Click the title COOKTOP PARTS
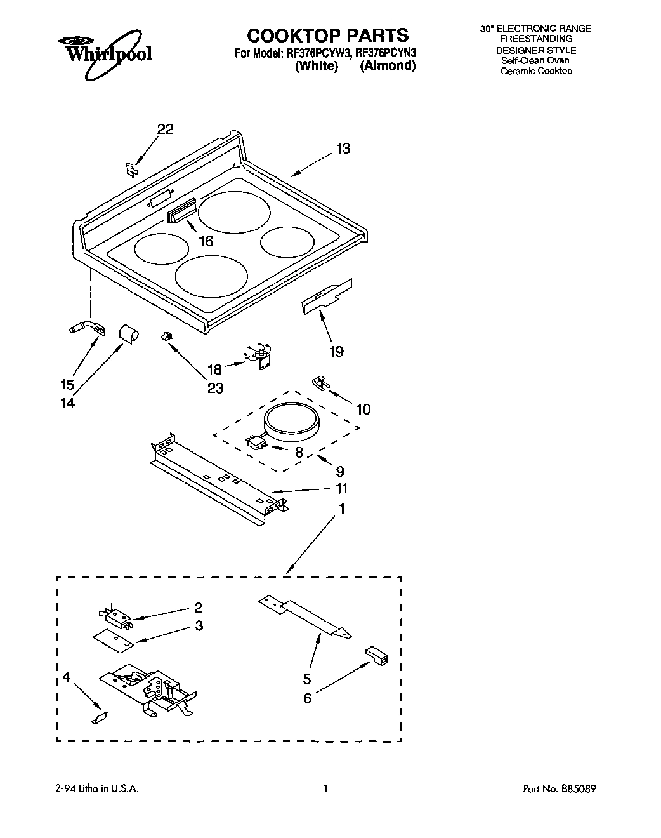pyautogui.click(x=327, y=35)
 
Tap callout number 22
pyautogui.click(x=165, y=129)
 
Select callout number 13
pyautogui.click(x=343, y=149)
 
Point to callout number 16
pyautogui.click(x=206, y=241)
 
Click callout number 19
pyautogui.click(x=336, y=351)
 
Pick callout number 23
pyautogui.click(x=216, y=387)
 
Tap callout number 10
pyautogui.click(x=363, y=409)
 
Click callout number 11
pyautogui.click(x=341, y=489)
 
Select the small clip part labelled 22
pyautogui.click(x=131, y=169)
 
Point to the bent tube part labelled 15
pyautogui.click(x=82, y=328)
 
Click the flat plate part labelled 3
pyautogui.click(x=114, y=639)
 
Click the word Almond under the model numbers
pyautogui.click(x=388, y=66)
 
